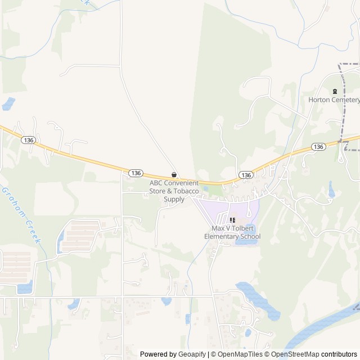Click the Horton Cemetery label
coord(334,100)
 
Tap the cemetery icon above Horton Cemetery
coord(335,91)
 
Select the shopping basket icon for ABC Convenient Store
coord(174,174)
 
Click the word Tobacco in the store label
coord(187,191)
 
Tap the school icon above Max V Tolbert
coord(232,220)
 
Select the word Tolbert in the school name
coord(244,229)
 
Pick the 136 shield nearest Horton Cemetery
coord(318,146)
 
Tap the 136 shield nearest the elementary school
coord(245,175)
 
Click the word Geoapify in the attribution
coord(192,354)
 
